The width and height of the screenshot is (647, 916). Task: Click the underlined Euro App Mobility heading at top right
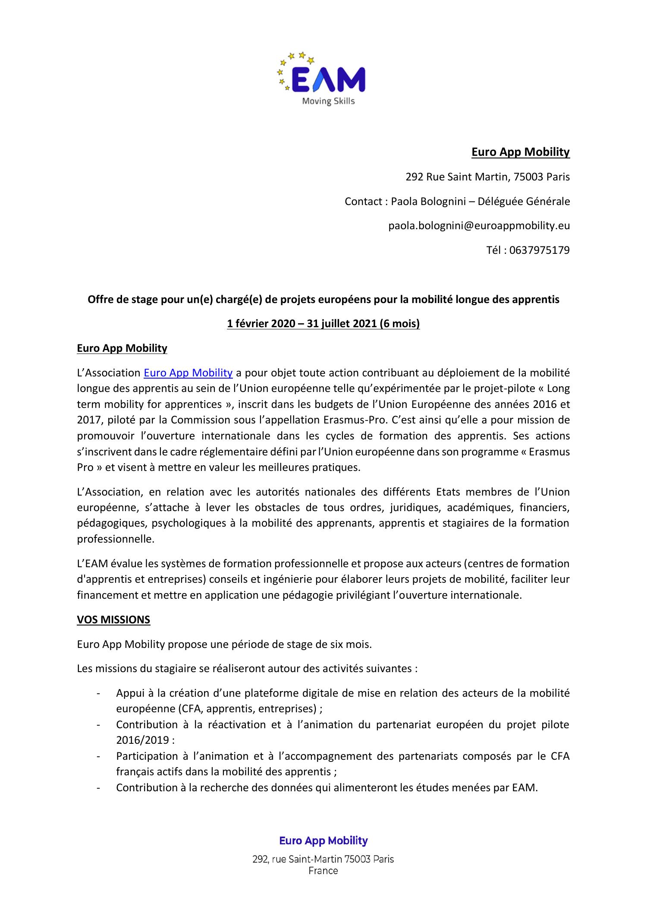tap(520, 152)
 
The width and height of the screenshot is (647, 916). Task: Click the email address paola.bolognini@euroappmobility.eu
tap(479, 225)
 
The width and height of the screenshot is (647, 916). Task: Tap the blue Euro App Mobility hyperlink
tap(188, 373)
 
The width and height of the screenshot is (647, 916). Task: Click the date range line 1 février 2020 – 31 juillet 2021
tap(323, 323)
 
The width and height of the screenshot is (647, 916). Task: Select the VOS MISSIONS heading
tap(113, 620)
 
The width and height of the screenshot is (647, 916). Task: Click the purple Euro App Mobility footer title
tap(323, 840)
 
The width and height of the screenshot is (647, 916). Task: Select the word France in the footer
tap(323, 871)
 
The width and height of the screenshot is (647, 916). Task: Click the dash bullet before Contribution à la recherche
tap(99, 788)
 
